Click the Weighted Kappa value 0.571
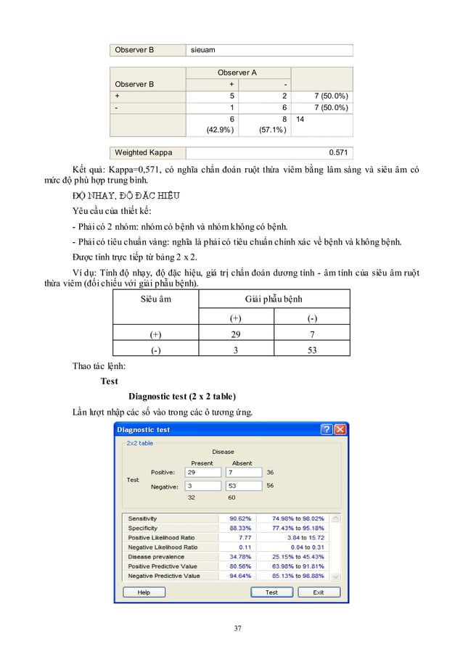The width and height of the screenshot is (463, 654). (x=337, y=153)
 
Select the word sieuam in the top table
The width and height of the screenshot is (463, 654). (x=202, y=51)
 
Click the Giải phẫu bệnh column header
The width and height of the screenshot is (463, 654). (x=273, y=299)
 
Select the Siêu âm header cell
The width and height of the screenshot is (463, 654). (x=155, y=299)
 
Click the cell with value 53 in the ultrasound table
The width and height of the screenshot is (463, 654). (x=311, y=350)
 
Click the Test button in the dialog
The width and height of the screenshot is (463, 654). (x=271, y=592)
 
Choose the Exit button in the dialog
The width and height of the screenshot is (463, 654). (x=318, y=592)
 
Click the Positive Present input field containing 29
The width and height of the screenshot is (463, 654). (x=202, y=472)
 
